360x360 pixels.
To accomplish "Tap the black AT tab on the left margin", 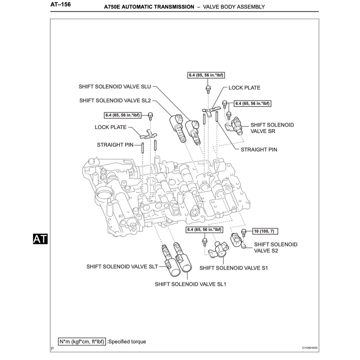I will (x=40, y=239).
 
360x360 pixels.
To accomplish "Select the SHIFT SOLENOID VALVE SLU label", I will (x=115, y=86).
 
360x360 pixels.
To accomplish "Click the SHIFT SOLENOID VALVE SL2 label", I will (x=115, y=101).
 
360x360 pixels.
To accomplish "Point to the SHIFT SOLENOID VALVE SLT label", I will (x=122, y=266).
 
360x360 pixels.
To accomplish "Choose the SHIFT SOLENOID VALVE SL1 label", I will (x=190, y=284).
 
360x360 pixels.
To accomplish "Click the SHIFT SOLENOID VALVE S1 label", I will (x=234, y=268).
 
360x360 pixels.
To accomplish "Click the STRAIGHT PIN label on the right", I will (x=259, y=149).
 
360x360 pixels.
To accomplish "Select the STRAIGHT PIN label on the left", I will (x=115, y=144).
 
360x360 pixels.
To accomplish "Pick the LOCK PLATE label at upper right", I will (x=244, y=88).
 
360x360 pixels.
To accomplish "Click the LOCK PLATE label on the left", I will (x=110, y=127).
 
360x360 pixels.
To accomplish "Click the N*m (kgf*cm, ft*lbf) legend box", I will (x=82, y=341).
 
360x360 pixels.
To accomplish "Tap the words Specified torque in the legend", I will (x=127, y=341).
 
